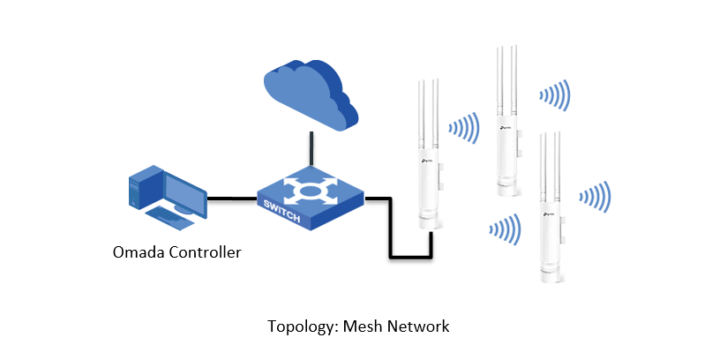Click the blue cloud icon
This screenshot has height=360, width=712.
(311, 94)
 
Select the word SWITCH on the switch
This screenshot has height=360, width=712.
(282, 211)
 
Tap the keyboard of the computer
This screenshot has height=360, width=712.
(169, 218)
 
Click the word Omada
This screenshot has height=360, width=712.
(139, 252)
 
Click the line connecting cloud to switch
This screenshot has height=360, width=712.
(311, 149)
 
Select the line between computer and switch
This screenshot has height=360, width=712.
(232, 199)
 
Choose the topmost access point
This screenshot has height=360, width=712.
(507, 120)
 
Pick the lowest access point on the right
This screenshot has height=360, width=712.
(551, 206)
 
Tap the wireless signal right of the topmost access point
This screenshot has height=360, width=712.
(555, 95)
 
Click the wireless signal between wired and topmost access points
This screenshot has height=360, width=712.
(464, 129)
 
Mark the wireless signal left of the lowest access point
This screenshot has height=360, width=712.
(505, 229)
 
